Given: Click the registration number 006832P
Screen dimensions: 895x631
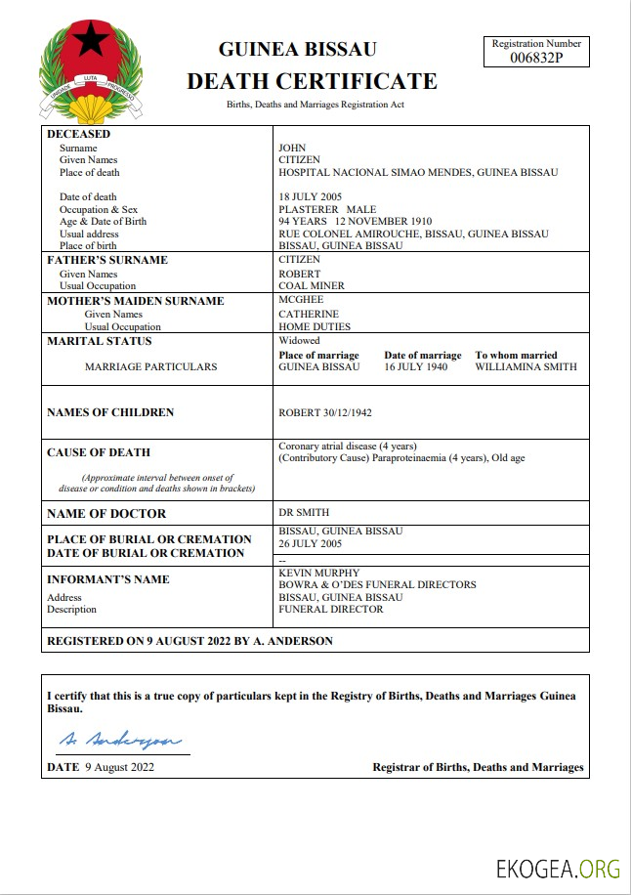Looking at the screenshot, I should point(536,58).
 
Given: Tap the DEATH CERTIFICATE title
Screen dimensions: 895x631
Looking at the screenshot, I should point(312,80).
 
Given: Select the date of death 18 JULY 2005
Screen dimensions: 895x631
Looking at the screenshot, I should point(311,197).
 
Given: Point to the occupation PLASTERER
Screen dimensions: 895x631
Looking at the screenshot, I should point(309,209).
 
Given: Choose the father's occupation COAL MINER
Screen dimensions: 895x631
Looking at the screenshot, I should point(312,286).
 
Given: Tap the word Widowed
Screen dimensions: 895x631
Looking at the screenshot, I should point(299,341).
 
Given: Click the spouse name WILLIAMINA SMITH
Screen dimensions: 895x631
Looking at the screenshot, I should point(526,367).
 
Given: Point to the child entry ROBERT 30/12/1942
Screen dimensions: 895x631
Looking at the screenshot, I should point(324,412).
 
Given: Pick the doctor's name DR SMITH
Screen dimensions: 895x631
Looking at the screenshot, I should point(304,513).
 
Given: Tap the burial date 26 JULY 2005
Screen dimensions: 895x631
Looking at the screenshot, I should point(310,543).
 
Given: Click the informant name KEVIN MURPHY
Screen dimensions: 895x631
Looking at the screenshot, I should point(319,573).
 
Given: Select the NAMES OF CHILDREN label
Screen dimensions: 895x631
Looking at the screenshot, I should point(110,412).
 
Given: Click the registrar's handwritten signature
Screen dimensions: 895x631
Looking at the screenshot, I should point(118,741).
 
